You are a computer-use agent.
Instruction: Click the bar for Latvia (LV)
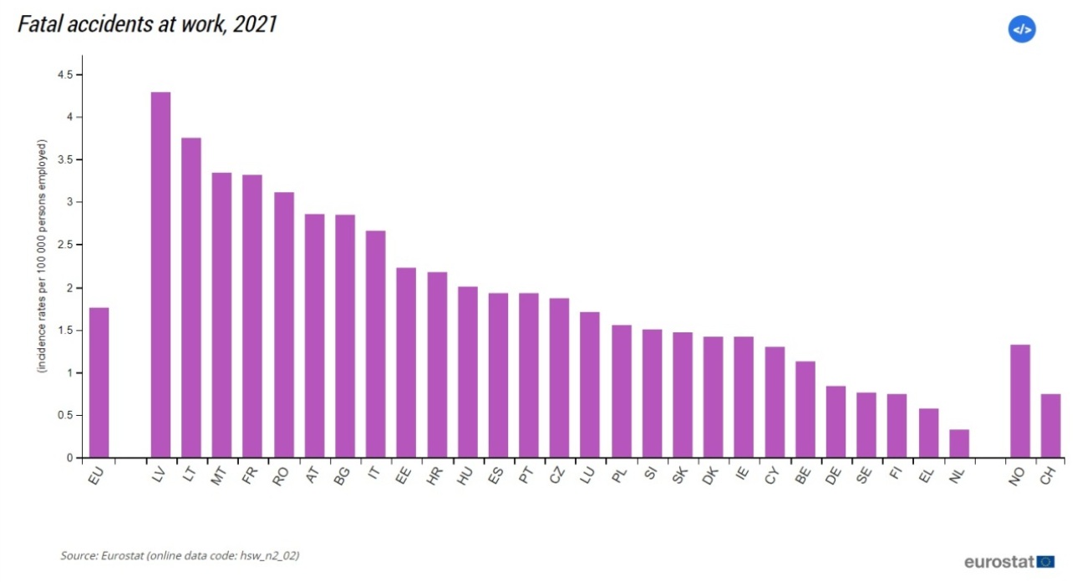pyautogui.click(x=160, y=275)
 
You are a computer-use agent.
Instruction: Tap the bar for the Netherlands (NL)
pyautogui.click(x=958, y=443)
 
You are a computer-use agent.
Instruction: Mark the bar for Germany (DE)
pyautogui.click(x=836, y=422)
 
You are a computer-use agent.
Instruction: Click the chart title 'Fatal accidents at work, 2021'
pyautogui.click(x=147, y=25)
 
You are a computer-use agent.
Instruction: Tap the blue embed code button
pyautogui.click(x=1022, y=29)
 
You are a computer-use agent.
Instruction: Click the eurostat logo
pyautogui.click(x=1008, y=562)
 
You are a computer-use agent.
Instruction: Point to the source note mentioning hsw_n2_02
pyautogui.click(x=179, y=555)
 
